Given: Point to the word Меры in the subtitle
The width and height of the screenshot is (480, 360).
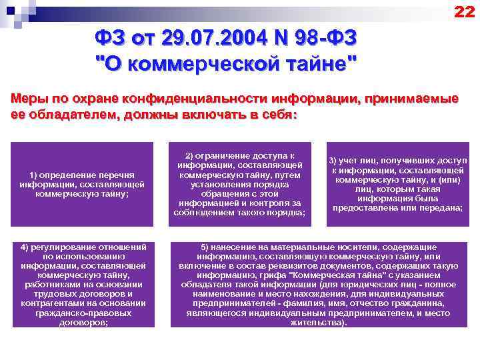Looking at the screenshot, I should click(x=29, y=99).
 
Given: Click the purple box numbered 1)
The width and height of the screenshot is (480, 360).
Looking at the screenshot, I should click(x=83, y=183).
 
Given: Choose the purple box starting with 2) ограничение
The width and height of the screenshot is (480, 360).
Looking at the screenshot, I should click(x=239, y=183).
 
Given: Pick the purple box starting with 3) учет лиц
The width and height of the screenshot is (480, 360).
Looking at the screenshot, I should click(x=398, y=183).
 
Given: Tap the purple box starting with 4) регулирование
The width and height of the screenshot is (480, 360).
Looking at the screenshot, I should click(x=83, y=285).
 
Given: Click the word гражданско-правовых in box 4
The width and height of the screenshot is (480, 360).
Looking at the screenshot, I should click(x=83, y=312).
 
